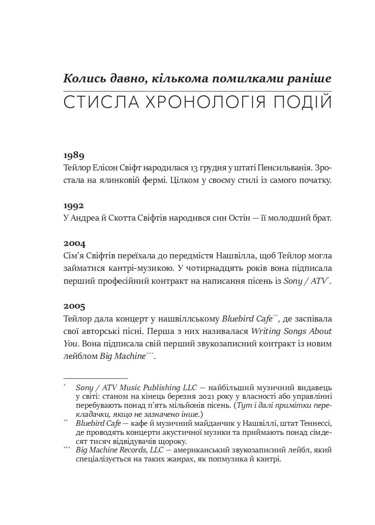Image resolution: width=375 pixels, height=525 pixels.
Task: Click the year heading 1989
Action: [x=74, y=155]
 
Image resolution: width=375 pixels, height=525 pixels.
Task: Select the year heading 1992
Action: [x=74, y=206]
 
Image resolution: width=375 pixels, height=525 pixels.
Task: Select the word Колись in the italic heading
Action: [x=84, y=79]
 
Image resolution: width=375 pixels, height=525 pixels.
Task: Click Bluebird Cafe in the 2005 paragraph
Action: [x=247, y=319]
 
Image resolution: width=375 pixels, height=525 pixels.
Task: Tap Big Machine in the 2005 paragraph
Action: [x=123, y=356]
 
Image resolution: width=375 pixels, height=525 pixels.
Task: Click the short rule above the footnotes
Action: [x=89, y=378]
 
